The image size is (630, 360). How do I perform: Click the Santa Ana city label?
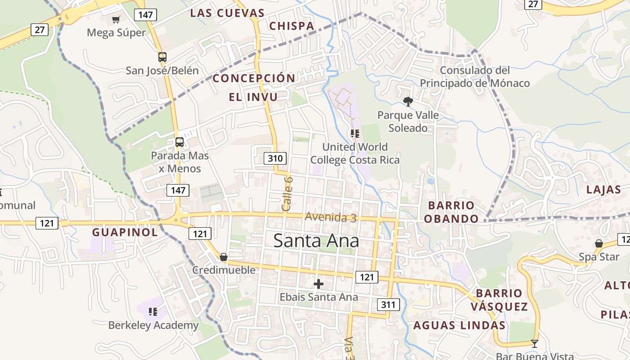coord(316,241)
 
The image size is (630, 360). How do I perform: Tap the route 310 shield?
coord(275,158)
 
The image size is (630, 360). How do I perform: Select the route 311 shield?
coord(388,305)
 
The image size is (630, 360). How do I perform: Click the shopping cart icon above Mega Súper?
coord(116,19)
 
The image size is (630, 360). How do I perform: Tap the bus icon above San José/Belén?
coord(162,57)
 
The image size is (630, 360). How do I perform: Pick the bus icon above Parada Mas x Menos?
coord(180,142)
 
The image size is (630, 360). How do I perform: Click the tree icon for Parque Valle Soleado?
coord(408,102)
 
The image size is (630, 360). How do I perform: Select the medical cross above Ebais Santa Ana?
coord(319,284)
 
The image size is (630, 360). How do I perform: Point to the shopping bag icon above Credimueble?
coord(224,257)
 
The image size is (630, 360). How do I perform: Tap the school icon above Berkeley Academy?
coord(153,311)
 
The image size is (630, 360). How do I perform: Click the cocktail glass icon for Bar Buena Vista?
coord(535,344)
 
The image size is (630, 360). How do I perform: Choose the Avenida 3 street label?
coord(331,217)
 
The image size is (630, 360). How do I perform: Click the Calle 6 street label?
coord(287,193)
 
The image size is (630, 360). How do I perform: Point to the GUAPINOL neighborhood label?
coord(125,232)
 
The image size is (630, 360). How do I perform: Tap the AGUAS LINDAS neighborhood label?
coord(459,325)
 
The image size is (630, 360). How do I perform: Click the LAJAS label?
coord(603,189)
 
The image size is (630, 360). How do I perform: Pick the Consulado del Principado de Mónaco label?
coord(475,76)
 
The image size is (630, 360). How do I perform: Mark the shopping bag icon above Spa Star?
coord(599,243)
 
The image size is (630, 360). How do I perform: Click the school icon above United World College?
coord(355,134)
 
